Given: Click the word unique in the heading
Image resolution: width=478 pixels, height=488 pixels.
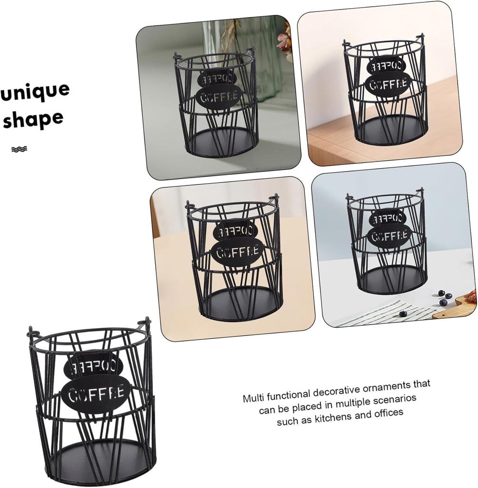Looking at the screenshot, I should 35,91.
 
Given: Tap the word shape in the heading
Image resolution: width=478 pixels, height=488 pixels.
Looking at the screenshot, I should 33,119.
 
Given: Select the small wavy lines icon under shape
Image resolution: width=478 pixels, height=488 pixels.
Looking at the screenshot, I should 19,149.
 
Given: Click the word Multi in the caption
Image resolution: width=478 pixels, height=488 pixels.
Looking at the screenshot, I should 254,397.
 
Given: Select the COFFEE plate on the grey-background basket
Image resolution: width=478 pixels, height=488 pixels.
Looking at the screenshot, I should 219,98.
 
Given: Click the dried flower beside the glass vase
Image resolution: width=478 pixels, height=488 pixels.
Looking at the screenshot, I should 285,43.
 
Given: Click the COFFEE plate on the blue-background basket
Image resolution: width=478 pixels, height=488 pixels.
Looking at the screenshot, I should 389,234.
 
